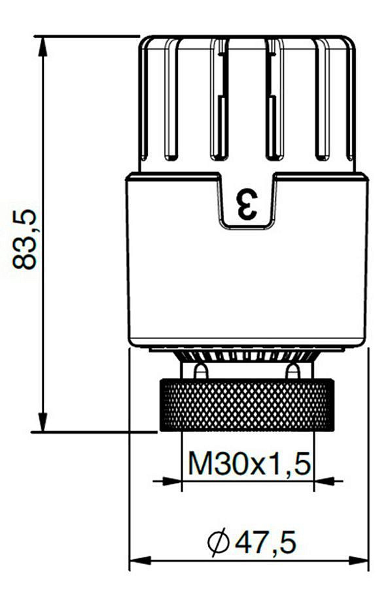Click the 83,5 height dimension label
[25, 240]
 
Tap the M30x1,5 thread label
[250, 463]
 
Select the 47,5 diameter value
[266, 542]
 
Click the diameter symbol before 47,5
[219, 541]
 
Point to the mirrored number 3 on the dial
[247, 205]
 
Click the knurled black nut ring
[247, 405]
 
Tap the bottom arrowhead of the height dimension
[43, 422]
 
